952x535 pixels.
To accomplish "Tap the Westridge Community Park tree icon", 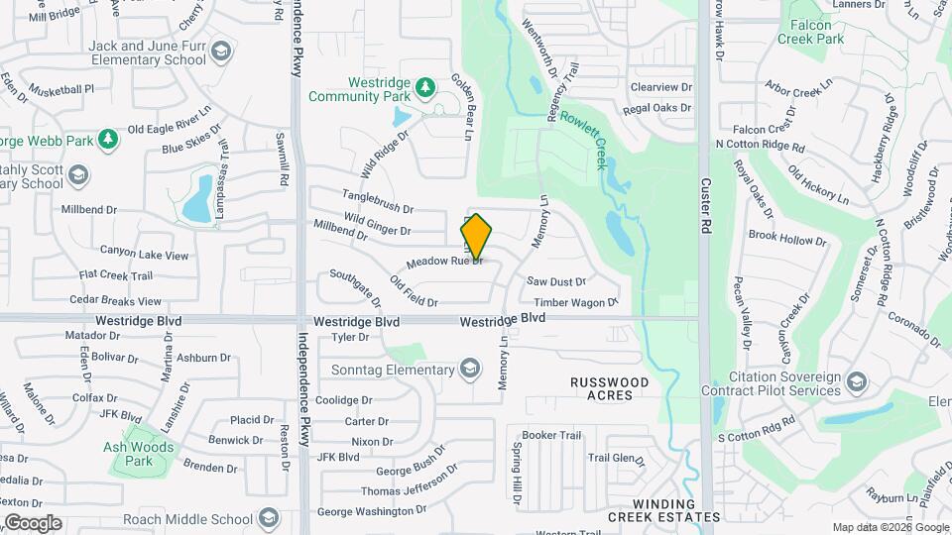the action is coord(425,88).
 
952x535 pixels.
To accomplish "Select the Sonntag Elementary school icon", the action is coord(470,371).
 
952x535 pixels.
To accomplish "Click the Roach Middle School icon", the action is coord(269,518).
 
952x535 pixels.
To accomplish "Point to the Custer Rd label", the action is coord(707,199).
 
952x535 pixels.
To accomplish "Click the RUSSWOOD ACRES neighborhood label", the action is coord(609,388).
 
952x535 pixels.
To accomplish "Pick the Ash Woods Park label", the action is coord(138,454).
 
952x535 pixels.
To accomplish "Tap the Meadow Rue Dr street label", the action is coord(444,263).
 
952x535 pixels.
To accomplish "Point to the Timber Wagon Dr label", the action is coord(575,302).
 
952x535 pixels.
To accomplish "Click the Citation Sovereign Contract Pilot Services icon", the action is coord(856,379).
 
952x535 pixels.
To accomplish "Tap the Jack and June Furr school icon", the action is coord(222,52).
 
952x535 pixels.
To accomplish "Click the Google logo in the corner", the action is coord(33,522).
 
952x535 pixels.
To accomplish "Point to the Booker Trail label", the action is coord(551,435).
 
